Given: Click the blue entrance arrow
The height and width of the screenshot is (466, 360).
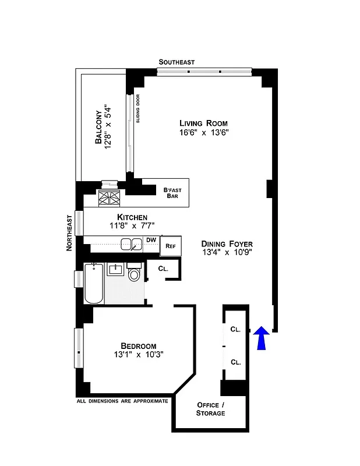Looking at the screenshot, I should click(262, 338).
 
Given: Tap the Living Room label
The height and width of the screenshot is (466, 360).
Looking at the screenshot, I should click(203, 123).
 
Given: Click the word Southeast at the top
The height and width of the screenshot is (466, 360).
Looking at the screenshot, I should click(177, 62).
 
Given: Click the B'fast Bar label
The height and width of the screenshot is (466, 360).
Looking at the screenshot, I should click(172, 192).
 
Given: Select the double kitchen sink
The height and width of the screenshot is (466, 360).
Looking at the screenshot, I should click(131, 244).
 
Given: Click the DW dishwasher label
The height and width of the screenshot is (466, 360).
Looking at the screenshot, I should click(151, 240).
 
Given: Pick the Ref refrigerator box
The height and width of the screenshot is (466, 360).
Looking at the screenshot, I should click(171, 246).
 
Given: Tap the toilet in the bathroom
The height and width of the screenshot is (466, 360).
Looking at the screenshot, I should click(134, 273).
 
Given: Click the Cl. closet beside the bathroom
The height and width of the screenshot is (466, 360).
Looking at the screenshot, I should click(164, 269).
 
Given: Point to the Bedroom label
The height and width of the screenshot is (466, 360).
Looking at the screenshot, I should click(138, 345).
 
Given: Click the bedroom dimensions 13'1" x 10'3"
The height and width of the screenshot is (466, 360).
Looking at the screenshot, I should click(138, 355).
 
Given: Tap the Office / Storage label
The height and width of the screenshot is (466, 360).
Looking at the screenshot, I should click(211, 409).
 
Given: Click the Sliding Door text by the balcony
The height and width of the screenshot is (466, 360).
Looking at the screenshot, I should click(139, 109).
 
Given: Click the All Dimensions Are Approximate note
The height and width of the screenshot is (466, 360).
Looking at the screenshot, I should click(122, 401).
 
